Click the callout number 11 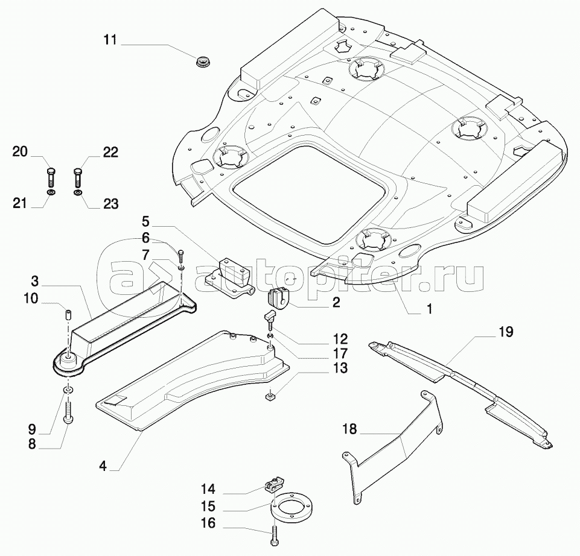(110, 40)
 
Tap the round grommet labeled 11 (203, 61)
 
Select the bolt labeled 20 (51, 177)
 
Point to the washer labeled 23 (78, 194)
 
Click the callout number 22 (110, 152)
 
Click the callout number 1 (430, 309)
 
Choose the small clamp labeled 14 (273, 484)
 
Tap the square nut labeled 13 (270, 397)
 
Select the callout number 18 (349, 429)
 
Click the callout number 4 (103, 466)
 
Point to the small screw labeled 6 (180, 256)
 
